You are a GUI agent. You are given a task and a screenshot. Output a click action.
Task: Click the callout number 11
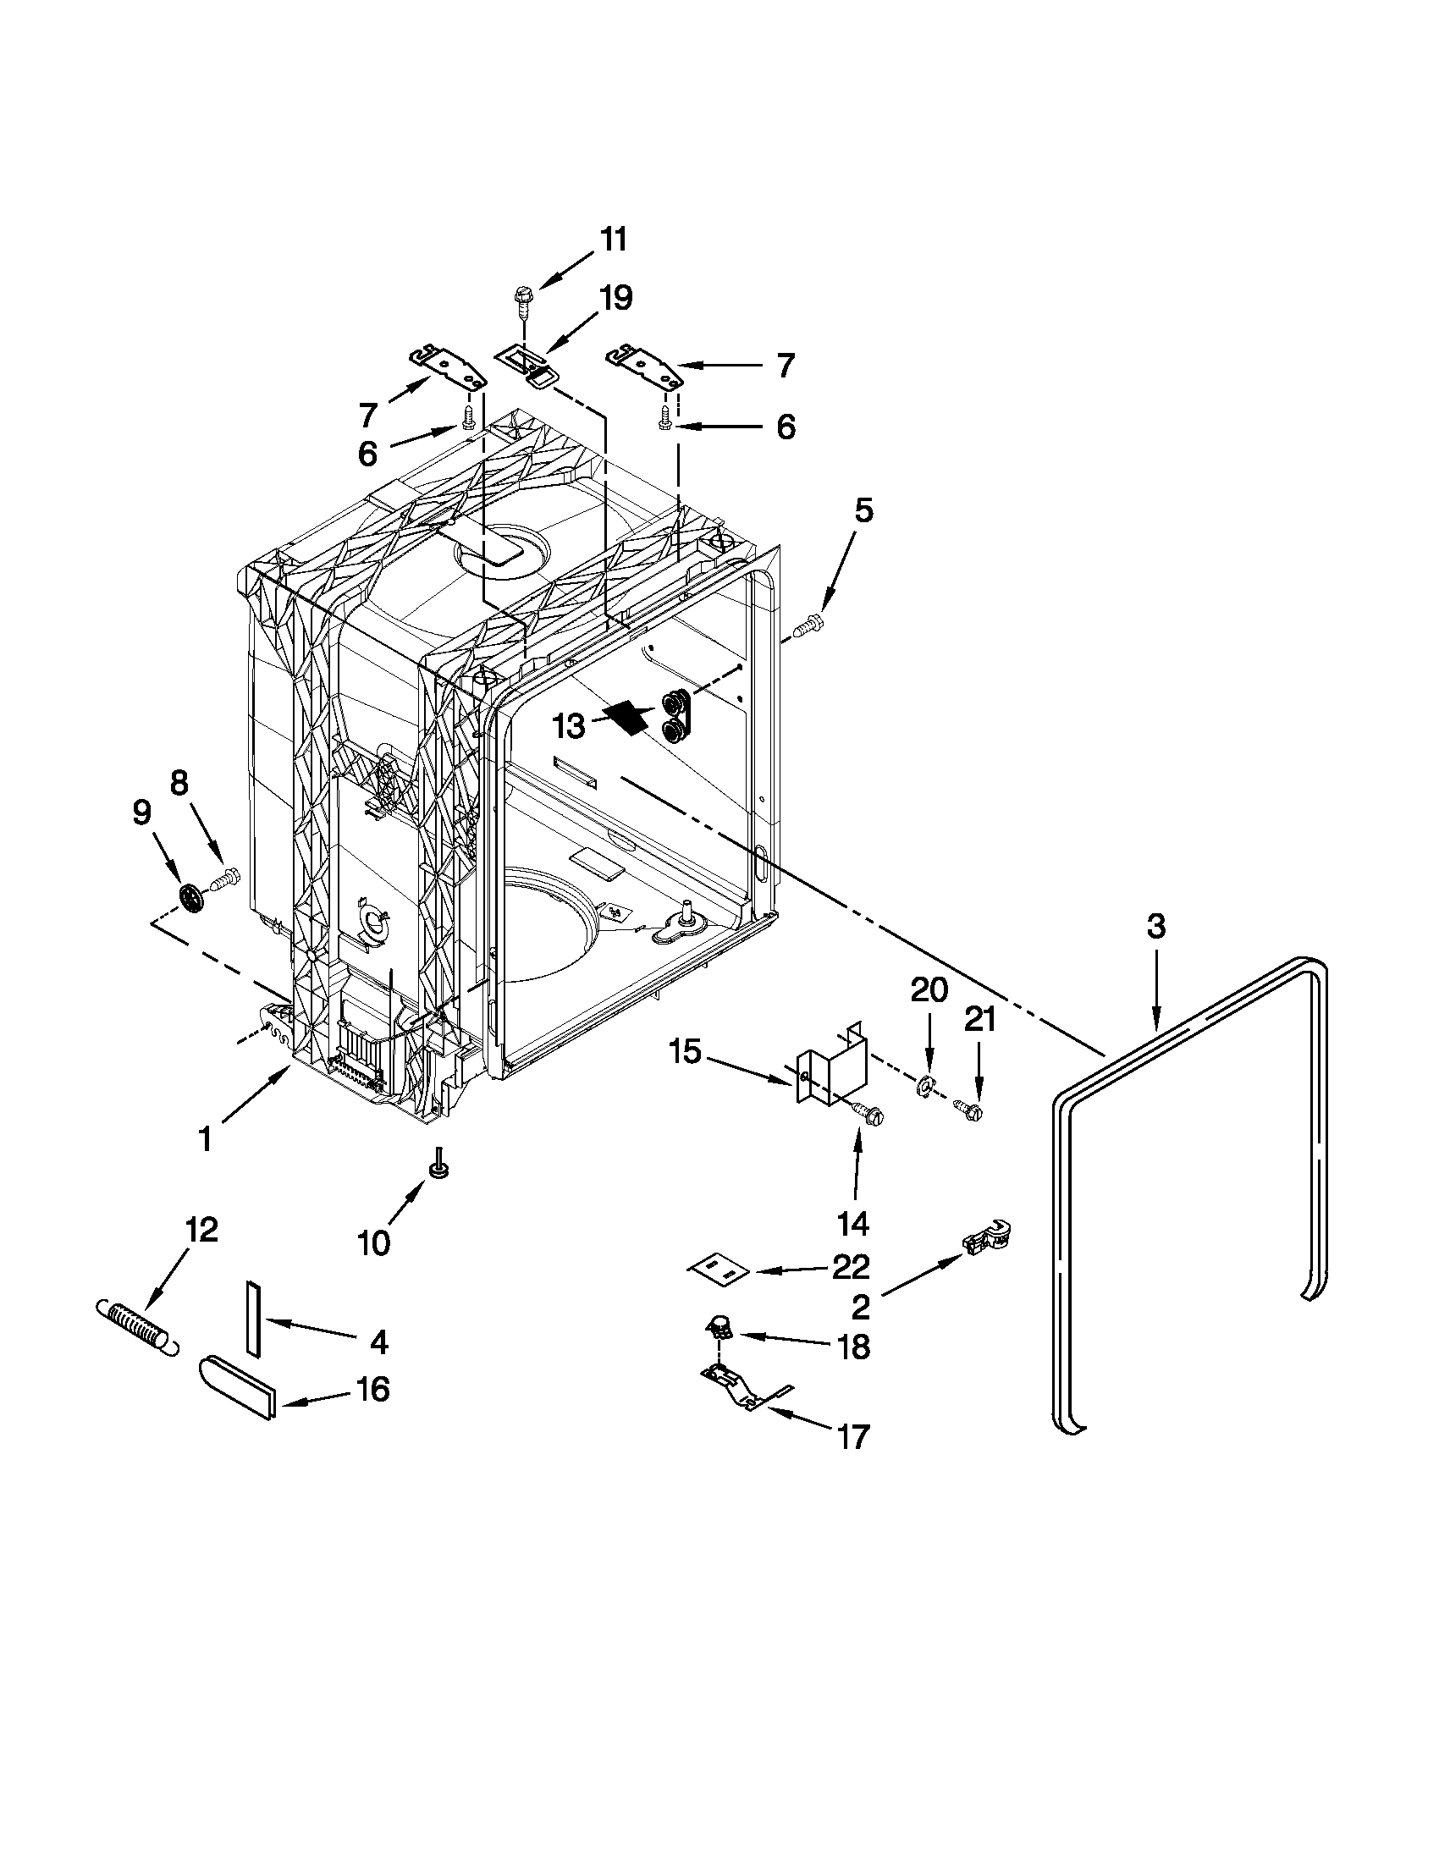click(x=613, y=240)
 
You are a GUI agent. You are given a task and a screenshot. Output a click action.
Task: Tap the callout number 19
click(x=615, y=299)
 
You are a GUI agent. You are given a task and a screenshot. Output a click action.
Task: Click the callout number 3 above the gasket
click(x=1155, y=926)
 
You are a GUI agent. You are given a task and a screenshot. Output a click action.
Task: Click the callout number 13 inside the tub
click(x=569, y=726)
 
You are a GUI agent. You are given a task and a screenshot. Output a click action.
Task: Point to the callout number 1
click(x=205, y=1138)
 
